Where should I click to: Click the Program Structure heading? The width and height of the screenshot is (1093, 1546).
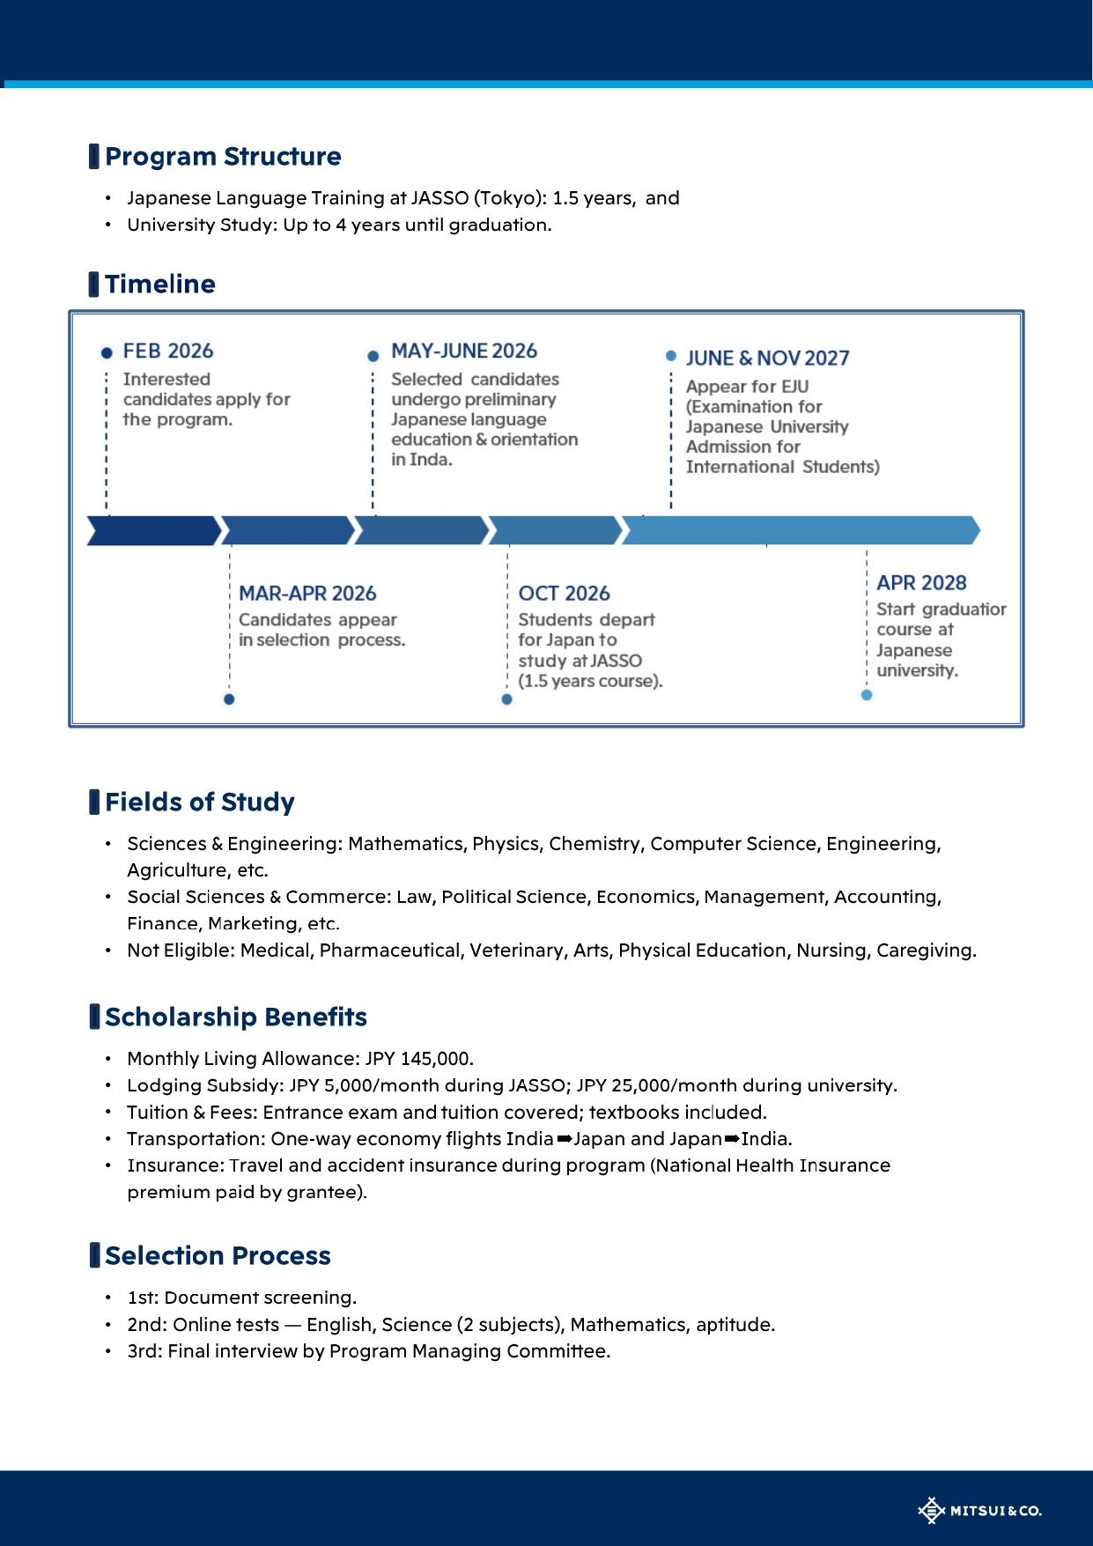coord(223,157)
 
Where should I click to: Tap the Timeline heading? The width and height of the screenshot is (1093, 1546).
coord(159,285)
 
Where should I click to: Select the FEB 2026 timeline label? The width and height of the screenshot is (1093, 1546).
coord(167,351)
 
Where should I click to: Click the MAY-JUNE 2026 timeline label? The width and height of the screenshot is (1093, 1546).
coord(463,351)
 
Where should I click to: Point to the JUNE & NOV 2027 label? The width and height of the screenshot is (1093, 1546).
coord(767,359)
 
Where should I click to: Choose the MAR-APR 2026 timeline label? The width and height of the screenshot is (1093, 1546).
coord(307,594)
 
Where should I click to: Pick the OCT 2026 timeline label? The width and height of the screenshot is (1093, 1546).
coord(564,594)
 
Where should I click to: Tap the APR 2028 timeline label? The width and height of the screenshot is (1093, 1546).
coord(921,583)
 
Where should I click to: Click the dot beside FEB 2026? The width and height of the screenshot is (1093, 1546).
coord(107,353)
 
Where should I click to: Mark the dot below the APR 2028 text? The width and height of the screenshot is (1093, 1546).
coord(867,695)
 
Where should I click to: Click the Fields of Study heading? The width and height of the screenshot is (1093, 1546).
coord(199,803)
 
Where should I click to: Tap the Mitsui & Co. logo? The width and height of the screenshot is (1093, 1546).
coord(979,1511)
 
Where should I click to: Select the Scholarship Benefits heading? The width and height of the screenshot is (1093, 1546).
coord(235,1017)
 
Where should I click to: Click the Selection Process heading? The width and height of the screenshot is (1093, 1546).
coord(218,1256)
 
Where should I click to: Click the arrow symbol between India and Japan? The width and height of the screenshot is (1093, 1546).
coord(565,1139)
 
